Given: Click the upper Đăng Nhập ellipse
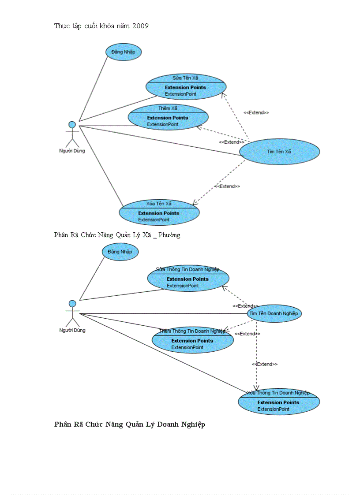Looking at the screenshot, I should [x=123, y=52].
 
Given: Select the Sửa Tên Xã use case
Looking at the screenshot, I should [x=186, y=87].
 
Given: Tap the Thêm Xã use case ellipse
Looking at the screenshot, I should [x=168, y=117].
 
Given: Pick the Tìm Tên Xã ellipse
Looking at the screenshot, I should [x=279, y=151].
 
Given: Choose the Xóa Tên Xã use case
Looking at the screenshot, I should [x=159, y=212].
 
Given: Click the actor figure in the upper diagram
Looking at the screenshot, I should [x=72, y=134].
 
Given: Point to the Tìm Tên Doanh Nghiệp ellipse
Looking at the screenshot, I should [x=274, y=313].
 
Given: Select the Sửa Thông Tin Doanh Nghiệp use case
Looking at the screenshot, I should [x=188, y=278].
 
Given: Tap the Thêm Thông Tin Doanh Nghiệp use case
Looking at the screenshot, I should [x=192, y=340].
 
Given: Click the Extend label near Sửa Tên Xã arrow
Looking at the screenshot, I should [x=256, y=113].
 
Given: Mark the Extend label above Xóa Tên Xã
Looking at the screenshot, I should [x=228, y=186].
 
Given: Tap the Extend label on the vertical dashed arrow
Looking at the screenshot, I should [x=265, y=364].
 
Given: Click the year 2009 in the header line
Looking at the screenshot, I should [x=141, y=26].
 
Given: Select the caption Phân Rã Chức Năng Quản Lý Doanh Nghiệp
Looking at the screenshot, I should [x=129, y=424].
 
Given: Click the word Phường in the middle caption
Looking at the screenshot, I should [x=169, y=235].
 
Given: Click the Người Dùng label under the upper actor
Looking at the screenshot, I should [x=72, y=151].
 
